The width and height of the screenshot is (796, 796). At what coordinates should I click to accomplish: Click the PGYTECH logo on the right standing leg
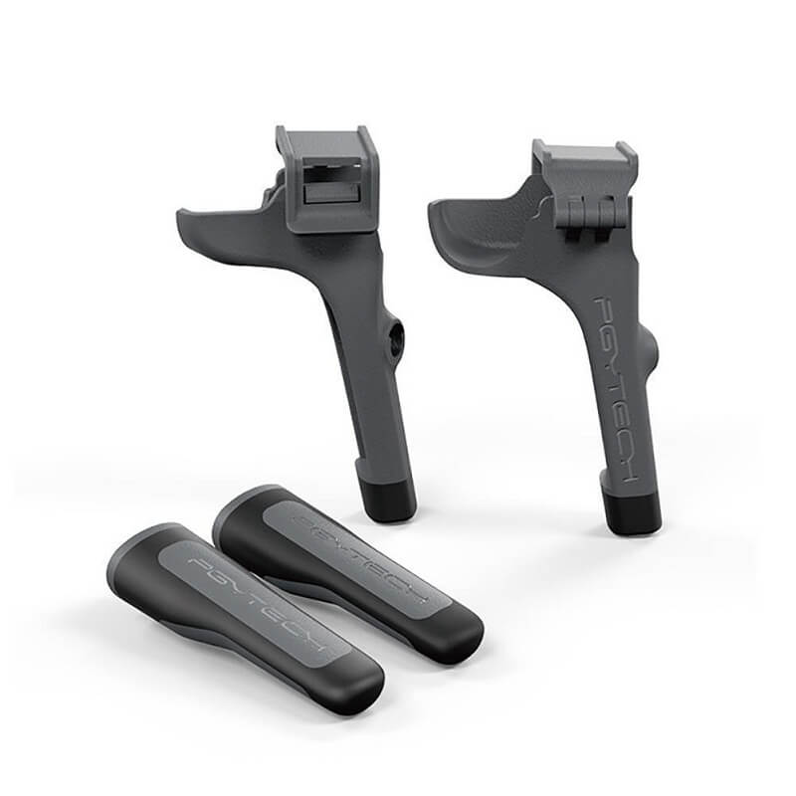(x=616, y=387)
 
